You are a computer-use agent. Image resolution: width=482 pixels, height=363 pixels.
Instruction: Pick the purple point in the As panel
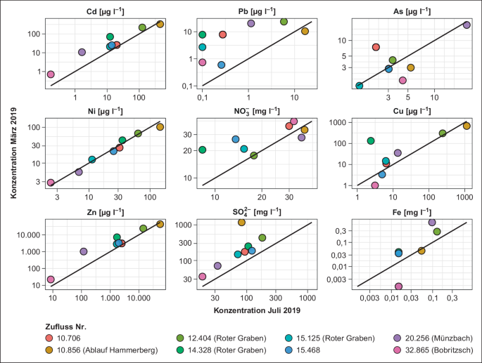466,25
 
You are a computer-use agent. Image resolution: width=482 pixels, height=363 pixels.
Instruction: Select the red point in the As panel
376,47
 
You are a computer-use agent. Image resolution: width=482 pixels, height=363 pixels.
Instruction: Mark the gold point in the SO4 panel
241,222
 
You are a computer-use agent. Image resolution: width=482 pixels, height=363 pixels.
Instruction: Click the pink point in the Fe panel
399,286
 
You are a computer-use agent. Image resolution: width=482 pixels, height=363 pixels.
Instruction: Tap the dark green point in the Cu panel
371,141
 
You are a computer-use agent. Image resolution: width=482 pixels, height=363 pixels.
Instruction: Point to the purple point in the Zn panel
84,251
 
